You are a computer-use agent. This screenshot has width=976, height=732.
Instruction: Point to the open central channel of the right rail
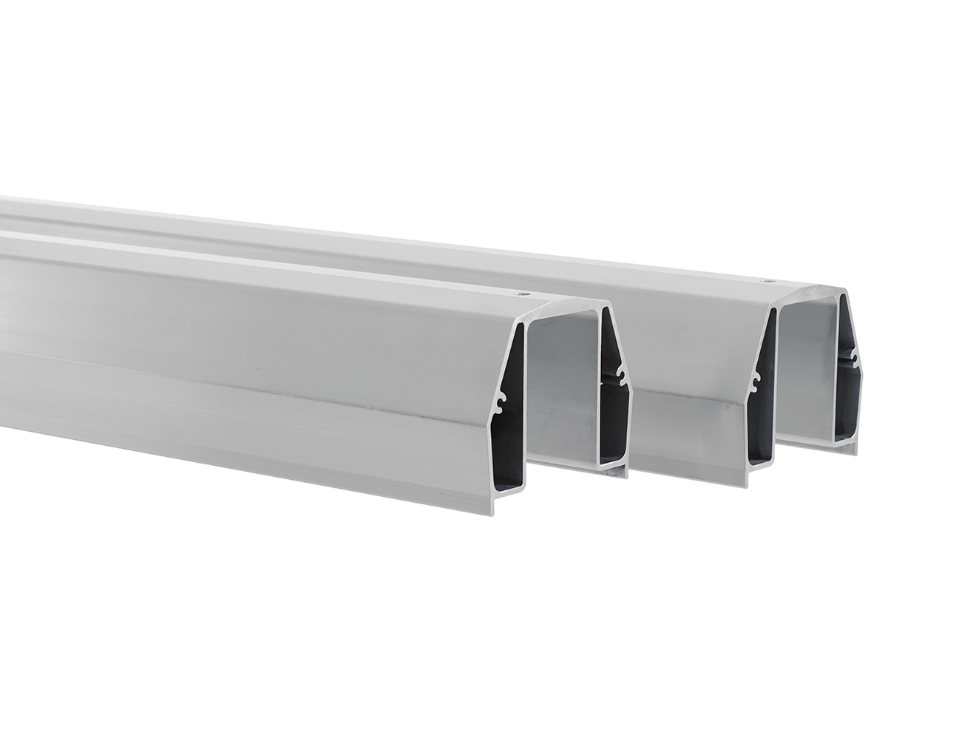click(810, 370)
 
